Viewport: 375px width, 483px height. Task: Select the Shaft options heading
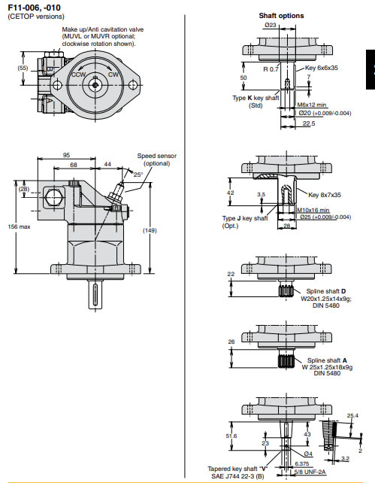[x=281, y=15]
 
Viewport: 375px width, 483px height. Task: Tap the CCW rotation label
[x=78, y=75]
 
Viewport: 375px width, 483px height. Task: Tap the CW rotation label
[x=113, y=75]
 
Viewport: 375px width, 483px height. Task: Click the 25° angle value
[x=138, y=175]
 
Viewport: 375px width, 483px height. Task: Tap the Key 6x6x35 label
[x=321, y=68]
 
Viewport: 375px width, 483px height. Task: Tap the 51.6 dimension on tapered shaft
[x=232, y=435]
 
